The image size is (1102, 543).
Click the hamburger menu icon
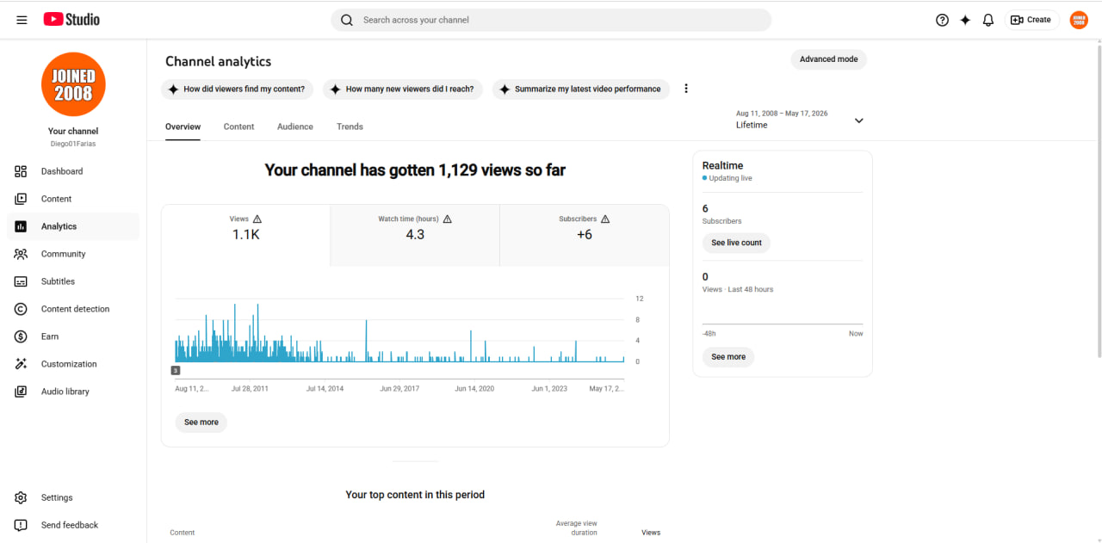22,20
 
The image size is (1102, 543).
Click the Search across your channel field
551,20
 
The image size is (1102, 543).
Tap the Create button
1031,20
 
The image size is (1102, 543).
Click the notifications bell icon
987,20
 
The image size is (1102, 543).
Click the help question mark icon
942,20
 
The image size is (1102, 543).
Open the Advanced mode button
828,59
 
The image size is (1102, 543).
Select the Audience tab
295,126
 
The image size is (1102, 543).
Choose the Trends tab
350,126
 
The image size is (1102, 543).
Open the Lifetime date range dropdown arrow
859,120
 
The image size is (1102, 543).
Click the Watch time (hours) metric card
415,235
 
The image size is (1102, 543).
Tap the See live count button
736,243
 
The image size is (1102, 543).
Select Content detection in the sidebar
75,309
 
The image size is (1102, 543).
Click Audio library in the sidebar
65,392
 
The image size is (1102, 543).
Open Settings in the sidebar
57,497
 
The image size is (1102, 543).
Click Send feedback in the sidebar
70,525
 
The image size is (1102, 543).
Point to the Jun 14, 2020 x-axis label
474,389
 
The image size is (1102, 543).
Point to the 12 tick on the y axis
640,299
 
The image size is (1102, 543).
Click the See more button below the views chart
201,422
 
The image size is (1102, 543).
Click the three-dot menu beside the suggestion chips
686,89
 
